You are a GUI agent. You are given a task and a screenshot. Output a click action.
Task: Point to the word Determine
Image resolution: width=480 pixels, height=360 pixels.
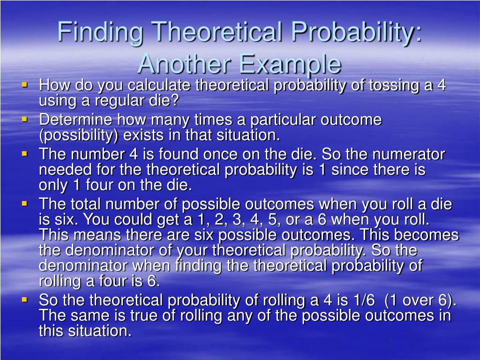(75, 120)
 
